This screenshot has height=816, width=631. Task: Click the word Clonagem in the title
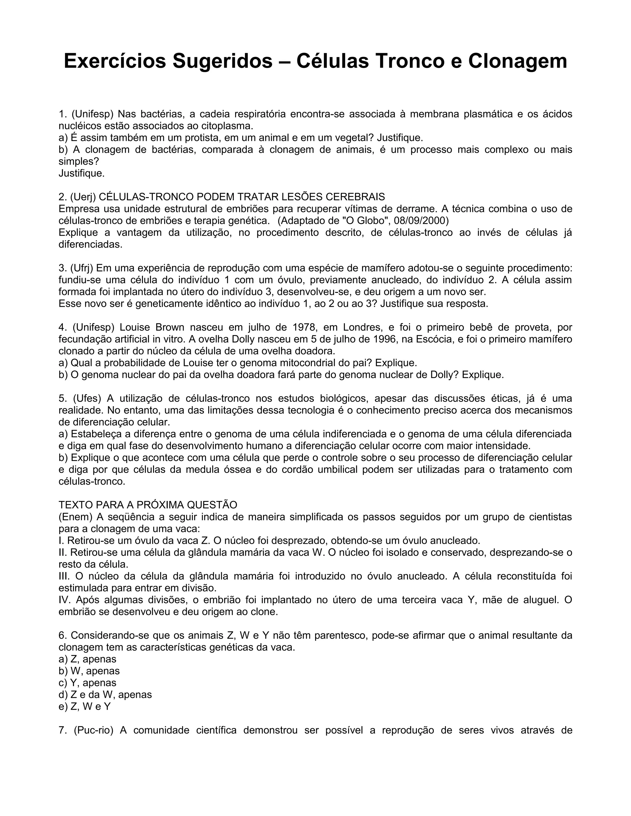(x=517, y=61)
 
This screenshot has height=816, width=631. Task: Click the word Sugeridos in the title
(x=222, y=61)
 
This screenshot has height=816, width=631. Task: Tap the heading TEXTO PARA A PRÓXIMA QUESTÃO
(x=148, y=505)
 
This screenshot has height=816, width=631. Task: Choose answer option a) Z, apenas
(x=88, y=659)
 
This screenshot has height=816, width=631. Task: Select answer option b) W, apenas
(x=89, y=671)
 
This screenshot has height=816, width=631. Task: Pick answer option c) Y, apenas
(x=88, y=683)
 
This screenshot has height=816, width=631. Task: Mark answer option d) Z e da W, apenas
(x=105, y=695)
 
